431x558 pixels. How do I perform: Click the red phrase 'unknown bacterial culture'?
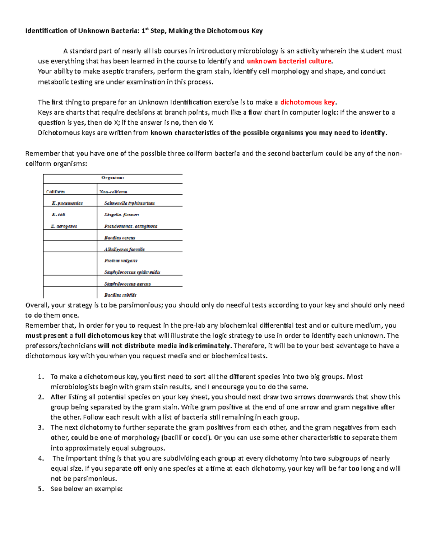point(289,61)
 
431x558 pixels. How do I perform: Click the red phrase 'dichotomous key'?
point(308,102)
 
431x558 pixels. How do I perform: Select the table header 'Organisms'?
point(113,178)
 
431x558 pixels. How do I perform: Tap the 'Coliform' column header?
point(56,192)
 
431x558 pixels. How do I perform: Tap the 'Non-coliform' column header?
point(113,192)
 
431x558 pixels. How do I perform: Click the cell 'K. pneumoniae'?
point(67,203)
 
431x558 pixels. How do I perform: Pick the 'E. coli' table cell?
point(59,215)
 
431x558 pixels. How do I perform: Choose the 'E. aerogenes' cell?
point(64,226)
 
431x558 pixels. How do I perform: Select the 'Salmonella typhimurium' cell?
point(129,203)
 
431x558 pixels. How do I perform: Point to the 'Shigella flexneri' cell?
point(121,215)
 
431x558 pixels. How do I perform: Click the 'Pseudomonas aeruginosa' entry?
point(131,226)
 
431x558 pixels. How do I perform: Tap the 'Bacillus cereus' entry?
point(120,238)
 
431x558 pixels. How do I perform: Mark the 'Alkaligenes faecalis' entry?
point(124,249)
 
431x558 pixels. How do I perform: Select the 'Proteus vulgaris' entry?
point(121,261)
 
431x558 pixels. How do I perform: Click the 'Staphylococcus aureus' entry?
point(128,284)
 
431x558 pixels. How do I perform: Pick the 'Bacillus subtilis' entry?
point(120,295)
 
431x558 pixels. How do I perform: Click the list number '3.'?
point(41,428)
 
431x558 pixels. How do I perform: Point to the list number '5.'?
point(41,489)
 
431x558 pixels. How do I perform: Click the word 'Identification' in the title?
point(46,31)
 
